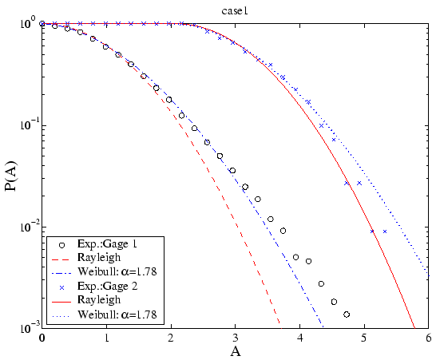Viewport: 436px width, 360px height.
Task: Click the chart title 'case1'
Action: click(x=236, y=9)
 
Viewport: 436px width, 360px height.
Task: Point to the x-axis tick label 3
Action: click(x=235, y=337)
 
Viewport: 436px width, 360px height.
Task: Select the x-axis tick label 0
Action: click(x=42, y=337)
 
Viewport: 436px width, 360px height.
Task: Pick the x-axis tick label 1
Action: click(x=106, y=337)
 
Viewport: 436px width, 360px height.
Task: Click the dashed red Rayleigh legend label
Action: click(x=99, y=258)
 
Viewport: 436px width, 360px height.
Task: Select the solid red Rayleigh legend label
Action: click(x=99, y=300)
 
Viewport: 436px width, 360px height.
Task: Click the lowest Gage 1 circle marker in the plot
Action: click(x=347, y=315)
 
